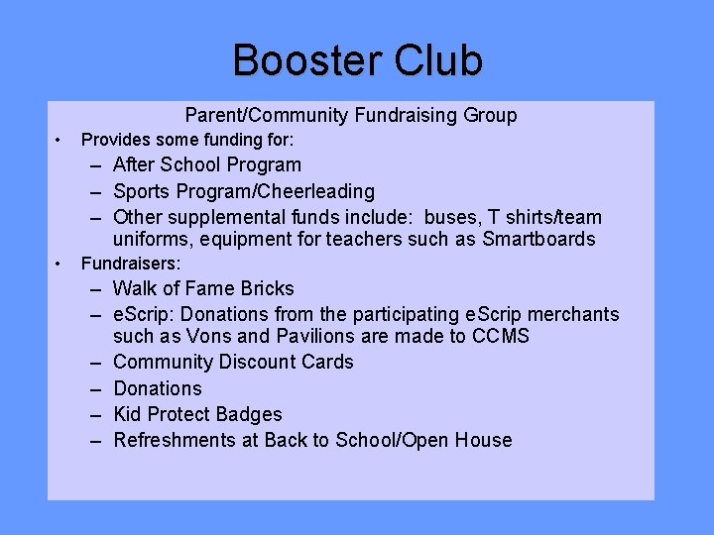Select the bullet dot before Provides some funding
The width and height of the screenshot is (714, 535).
(x=59, y=140)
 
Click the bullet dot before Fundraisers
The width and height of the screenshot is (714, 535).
(x=59, y=264)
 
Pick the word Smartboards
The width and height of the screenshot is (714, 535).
(x=539, y=239)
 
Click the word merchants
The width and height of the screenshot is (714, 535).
(x=573, y=315)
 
